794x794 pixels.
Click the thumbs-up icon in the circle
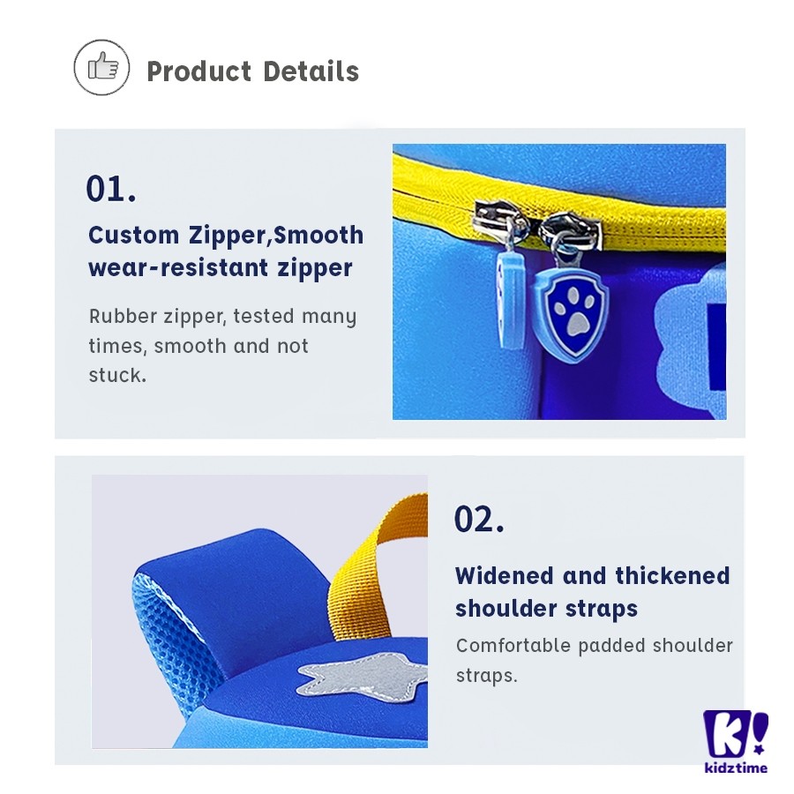tap(103, 66)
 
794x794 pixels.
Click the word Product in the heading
tap(199, 71)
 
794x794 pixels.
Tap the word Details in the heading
tap(311, 71)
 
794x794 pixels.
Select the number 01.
tap(111, 189)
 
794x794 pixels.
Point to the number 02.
tap(479, 519)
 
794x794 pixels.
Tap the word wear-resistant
tap(177, 268)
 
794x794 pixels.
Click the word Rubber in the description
tap(123, 317)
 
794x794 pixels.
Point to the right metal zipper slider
tap(570, 231)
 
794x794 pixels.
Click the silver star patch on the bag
tap(363, 673)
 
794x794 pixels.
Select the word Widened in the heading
tap(504, 576)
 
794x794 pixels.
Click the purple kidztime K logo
tap(735, 734)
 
